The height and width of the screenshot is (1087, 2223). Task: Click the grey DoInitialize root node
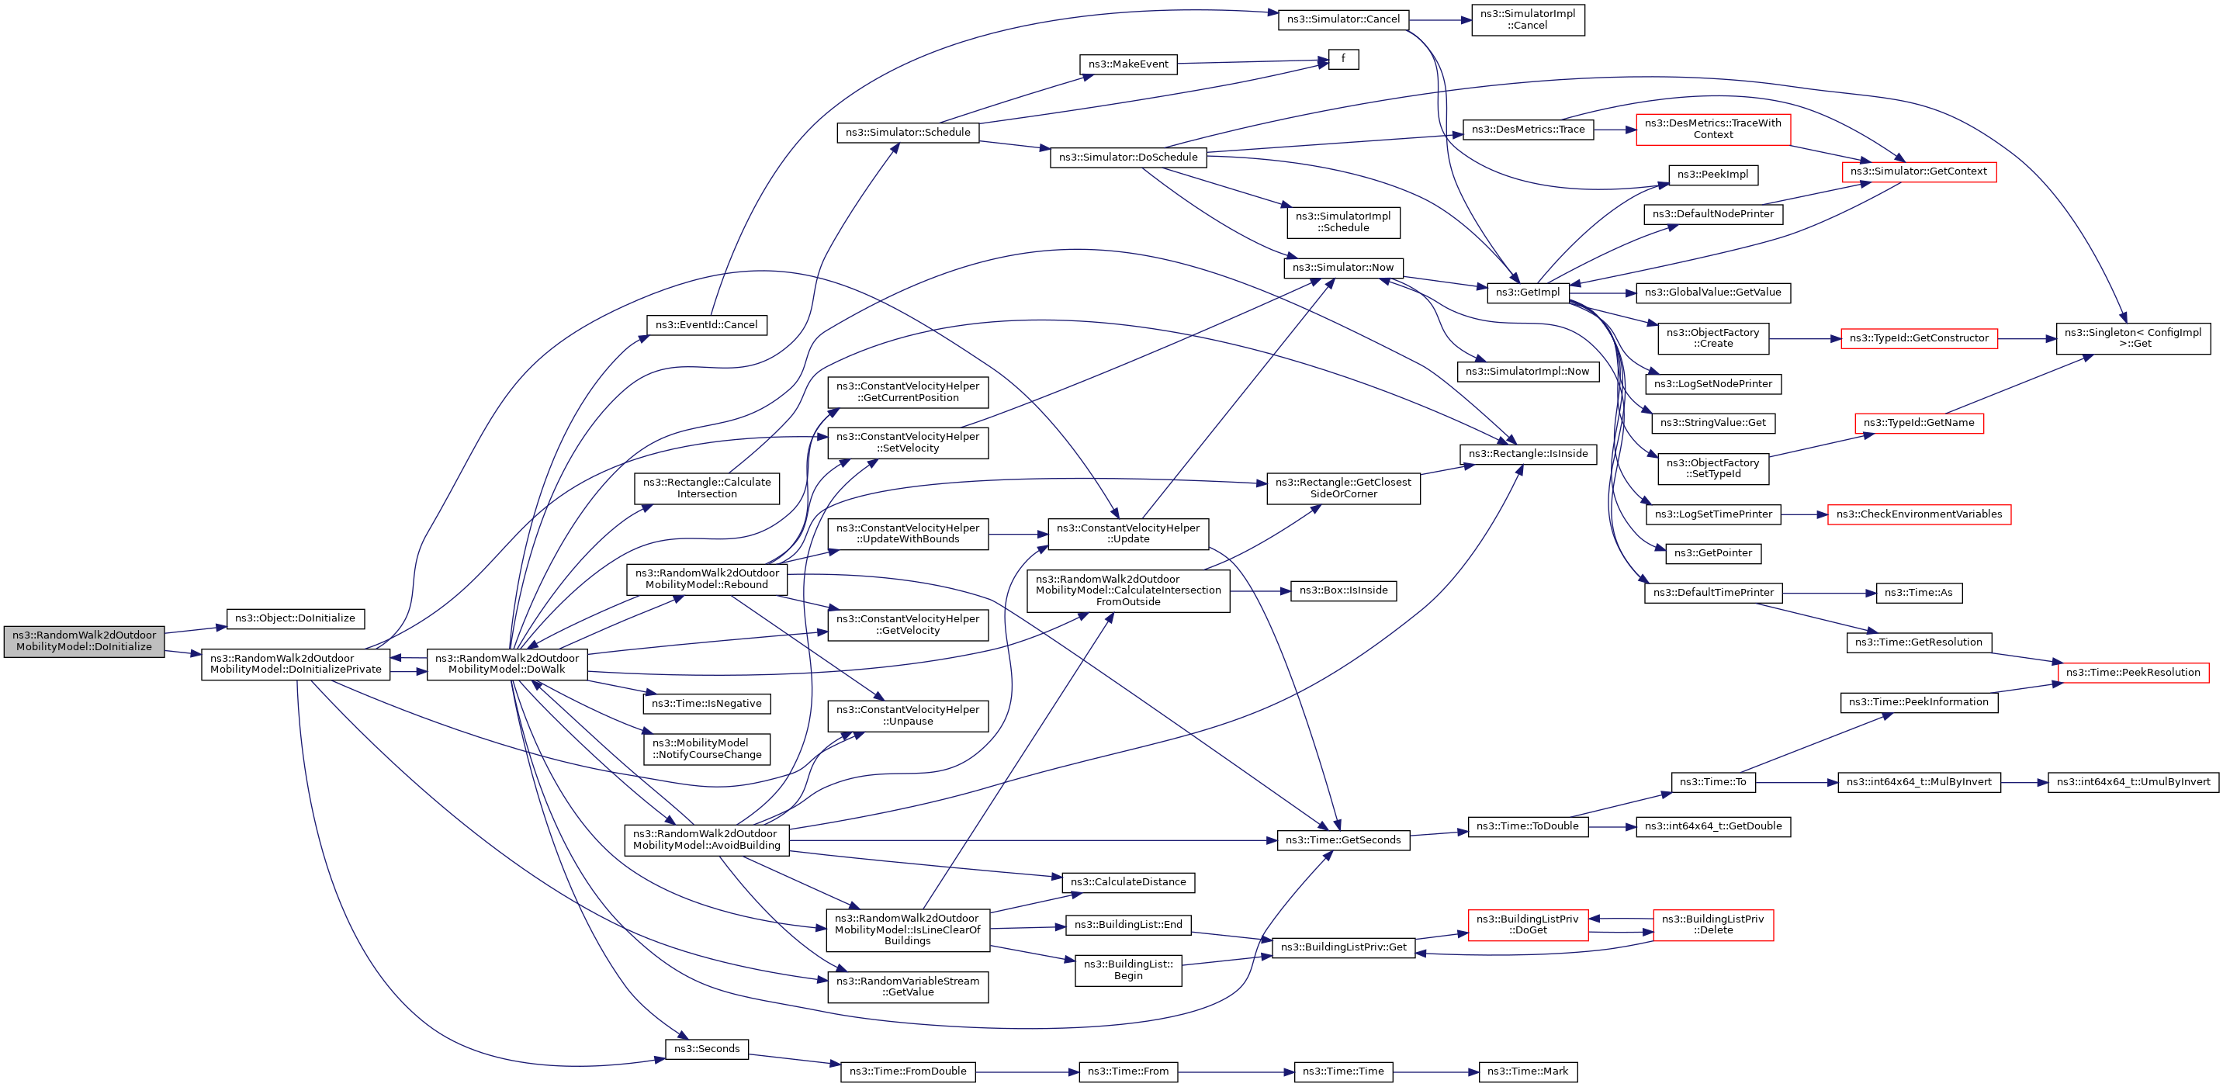click(x=84, y=641)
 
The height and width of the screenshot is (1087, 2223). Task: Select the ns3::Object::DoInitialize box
click(x=295, y=618)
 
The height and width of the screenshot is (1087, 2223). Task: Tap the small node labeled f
click(x=1343, y=59)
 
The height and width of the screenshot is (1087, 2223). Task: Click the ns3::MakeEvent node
click(x=1128, y=64)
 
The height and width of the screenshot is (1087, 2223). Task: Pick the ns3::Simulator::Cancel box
click(x=1343, y=19)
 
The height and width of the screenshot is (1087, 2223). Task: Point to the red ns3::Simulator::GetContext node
click(x=1918, y=171)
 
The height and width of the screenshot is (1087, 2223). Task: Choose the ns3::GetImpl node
click(x=1528, y=293)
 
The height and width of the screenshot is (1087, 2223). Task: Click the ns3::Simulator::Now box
click(x=1343, y=268)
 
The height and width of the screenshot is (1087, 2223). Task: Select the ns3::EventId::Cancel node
click(x=706, y=325)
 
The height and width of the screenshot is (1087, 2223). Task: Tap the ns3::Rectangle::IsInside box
click(x=1528, y=454)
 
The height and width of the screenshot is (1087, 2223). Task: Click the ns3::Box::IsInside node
click(x=1343, y=591)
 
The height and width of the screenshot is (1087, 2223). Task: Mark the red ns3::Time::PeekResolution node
click(x=2132, y=673)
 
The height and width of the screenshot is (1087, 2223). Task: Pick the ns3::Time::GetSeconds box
click(x=1343, y=840)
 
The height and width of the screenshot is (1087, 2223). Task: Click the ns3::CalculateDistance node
click(x=1128, y=882)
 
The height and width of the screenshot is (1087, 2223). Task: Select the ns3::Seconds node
click(x=706, y=1049)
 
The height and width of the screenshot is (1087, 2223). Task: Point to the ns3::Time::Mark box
click(x=1528, y=1071)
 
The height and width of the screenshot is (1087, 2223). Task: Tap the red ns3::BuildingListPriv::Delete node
click(x=1712, y=925)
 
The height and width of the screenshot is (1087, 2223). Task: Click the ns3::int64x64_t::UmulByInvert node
click(x=2132, y=782)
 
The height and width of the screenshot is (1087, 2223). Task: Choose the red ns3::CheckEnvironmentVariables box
click(x=1918, y=514)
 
